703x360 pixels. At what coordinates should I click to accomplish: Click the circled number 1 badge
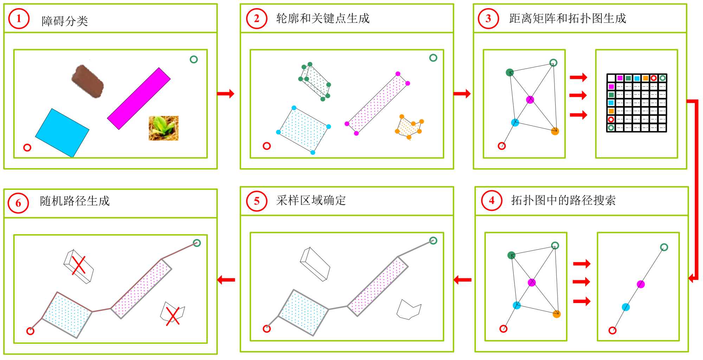tap(19, 19)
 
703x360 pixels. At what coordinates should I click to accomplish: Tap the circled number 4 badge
tap(491, 200)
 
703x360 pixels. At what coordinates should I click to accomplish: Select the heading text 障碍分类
tap(65, 21)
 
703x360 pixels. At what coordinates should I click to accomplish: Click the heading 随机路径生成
tap(75, 201)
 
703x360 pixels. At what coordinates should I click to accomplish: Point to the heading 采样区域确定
tap(311, 200)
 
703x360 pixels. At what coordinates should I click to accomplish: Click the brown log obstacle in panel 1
tap(88, 81)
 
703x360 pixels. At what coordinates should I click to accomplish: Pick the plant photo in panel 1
tap(163, 128)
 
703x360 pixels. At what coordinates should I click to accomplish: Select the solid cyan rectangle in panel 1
tap(62, 133)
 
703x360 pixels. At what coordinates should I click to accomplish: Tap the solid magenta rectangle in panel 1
tap(139, 98)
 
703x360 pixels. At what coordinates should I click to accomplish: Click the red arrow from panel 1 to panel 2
tap(226, 94)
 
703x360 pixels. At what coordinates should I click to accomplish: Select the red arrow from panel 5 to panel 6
tap(226, 280)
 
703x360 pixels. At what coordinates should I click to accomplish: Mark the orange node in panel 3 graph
tap(555, 131)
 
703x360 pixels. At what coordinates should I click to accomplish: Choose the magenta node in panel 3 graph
tap(530, 99)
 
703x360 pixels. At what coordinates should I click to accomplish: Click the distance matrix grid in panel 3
tap(637, 103)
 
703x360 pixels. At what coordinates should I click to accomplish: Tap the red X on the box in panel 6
tap(79, 265)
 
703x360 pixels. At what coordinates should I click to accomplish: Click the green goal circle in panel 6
tap(197, 243)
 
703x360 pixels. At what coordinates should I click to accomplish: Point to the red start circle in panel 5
tap(267, 329)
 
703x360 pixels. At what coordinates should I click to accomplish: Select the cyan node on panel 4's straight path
tap(626, 307)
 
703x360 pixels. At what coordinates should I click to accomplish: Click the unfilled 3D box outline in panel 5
tap(315, 264)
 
